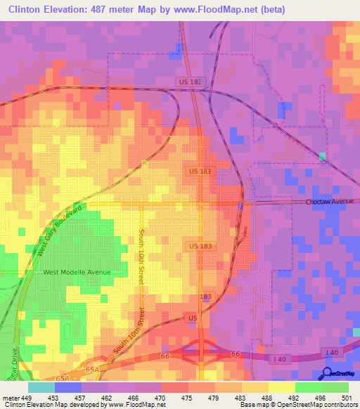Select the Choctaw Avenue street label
click(328, 202)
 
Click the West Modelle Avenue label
click(77, 272)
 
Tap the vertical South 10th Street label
click(141, 256)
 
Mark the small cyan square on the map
click(322, 156)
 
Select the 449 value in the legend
click(29, 397)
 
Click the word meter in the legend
click(11, 397)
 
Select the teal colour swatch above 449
click(41, 387)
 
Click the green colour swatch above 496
click(309, 387)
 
